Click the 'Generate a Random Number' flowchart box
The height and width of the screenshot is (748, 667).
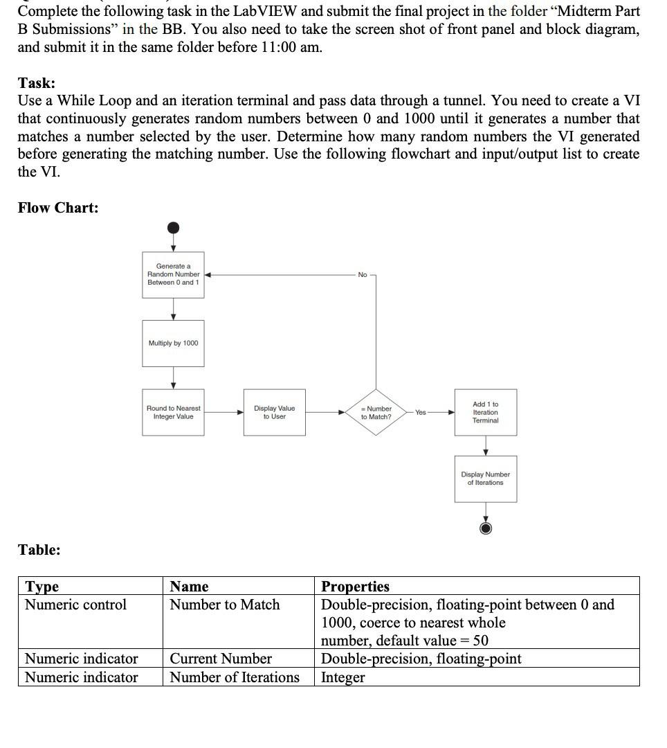point(173,274)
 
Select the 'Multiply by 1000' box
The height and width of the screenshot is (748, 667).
point(173,344)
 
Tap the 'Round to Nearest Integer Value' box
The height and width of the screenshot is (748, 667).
point(173,413)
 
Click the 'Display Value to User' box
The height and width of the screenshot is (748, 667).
point(274,413)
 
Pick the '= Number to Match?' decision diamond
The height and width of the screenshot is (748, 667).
point(376,413)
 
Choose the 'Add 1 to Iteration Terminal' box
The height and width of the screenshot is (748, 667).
point(485,413)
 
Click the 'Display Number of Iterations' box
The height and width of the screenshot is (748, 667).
point(485,479)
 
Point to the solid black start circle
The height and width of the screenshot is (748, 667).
point(174,228)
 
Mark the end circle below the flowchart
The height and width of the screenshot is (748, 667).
point(485,528)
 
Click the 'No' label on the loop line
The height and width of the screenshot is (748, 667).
point(363,275)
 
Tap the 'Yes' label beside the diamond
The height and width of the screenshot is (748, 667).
point(421,412)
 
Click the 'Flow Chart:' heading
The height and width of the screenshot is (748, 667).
point(58,208)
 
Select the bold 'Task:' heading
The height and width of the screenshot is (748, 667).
point(37,83)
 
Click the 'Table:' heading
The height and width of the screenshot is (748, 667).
point(39,550)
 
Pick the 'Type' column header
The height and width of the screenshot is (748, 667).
point(42,587)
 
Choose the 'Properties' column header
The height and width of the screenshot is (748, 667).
point(355,587)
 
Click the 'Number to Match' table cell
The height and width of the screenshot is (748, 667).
point(225,605)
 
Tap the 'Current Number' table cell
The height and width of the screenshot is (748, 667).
point(221,659)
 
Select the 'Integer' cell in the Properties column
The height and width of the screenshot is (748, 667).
point(342,677)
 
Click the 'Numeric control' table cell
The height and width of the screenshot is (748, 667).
point(76,605)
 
